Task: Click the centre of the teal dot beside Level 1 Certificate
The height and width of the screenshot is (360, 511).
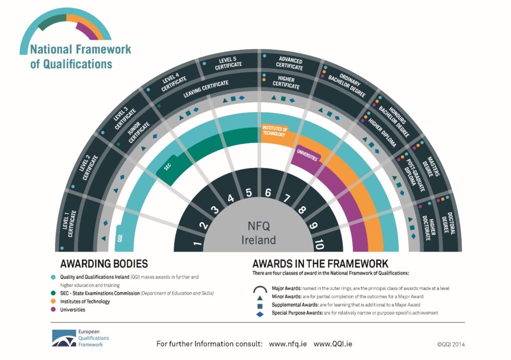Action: (62, 248)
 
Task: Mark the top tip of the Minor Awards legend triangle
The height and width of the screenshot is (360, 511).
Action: (259, 296)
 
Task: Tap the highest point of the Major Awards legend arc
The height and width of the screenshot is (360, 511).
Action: (260, 287)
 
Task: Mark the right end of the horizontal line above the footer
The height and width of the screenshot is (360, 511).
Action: (465, 322)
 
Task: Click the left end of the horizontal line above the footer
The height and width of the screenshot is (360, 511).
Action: (50, 322)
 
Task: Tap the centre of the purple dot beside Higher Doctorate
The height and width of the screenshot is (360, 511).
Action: (420, 206)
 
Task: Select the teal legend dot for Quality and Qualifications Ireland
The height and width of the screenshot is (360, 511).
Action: (53, 277)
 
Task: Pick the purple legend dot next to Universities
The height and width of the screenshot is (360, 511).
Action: (53, 310)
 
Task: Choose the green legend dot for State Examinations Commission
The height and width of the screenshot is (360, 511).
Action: (53, 293)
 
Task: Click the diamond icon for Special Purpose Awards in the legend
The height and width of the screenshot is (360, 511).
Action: (259, 314)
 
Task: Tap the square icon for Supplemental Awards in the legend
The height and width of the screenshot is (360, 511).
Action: (259, 306)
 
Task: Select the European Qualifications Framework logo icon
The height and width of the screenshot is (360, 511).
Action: (64, 338)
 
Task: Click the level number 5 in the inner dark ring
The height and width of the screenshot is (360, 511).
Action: (249, 192)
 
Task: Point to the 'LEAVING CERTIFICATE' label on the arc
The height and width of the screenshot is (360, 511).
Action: (206, 89)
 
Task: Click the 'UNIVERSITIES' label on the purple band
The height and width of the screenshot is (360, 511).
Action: (307, 155)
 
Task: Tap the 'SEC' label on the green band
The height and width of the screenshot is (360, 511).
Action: (167, 167)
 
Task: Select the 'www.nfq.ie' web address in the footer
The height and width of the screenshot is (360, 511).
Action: (288, 344)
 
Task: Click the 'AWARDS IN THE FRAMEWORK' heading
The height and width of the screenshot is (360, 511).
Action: (320, 264)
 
